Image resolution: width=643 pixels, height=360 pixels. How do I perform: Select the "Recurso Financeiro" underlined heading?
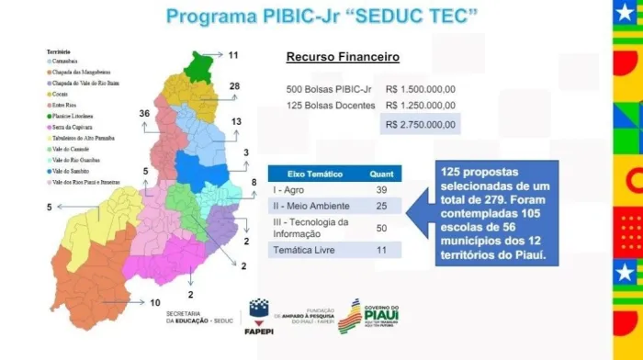(343, 58)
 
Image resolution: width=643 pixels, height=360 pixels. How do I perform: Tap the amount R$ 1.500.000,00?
(421, 88)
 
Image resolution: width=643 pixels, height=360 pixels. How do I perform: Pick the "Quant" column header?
(381, 174)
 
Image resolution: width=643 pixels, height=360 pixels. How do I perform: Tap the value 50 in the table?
(382, 226)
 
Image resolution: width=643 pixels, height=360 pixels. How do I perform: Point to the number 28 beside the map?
(234, 86)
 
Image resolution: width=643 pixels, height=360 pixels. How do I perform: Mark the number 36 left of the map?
(143, 113)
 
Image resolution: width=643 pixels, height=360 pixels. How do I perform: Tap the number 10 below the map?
(155, 303)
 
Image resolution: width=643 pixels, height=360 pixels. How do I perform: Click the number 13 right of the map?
(236, 121)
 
